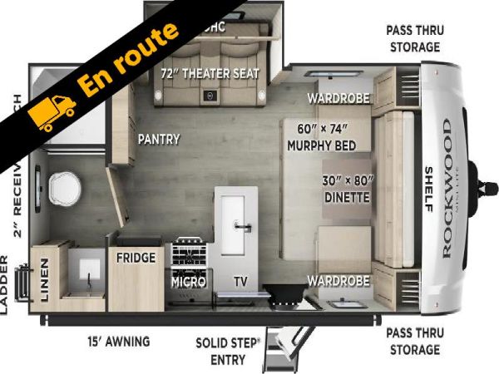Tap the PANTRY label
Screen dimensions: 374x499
click(x=158, y=139)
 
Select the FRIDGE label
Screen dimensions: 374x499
click(x=136, y=258)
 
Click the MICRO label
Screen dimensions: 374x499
click(x=188, y=282)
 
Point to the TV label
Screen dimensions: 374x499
click(x=240, y=282)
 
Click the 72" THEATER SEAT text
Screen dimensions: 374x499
click(x=210, y=73)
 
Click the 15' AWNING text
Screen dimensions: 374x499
click(x=119, y=341)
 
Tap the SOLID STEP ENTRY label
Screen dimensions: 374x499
click(x=227, y=350)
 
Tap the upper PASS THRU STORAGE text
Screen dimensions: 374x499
click(x=414, y=38)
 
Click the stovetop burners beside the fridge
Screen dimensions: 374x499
click(x=189, y=252)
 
